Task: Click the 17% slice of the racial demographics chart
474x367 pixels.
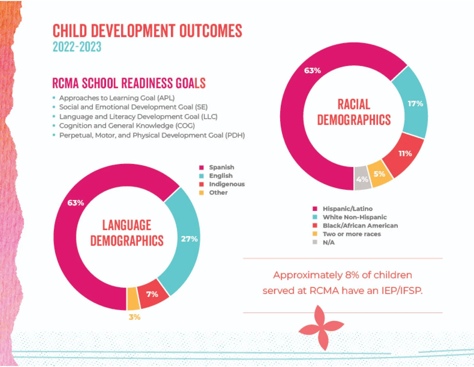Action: (x=415, y=104)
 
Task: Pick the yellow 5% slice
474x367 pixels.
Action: (x=380, y=174)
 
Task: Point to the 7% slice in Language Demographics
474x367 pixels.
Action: (x=152, y=294)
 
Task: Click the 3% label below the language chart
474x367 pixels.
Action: (x=134, y=317)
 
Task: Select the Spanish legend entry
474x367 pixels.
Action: (x=221, y=167)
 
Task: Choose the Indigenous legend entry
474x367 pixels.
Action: (x=227, y=184)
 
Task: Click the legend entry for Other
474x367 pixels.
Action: (x=218, y=193)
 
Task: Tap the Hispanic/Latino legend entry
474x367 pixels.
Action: (x=347, y=209)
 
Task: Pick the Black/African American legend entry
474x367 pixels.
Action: (x=360, y=226)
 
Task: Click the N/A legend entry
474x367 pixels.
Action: (x=329, y=242)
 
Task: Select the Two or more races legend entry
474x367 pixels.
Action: (x=352, y=234)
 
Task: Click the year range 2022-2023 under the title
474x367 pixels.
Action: (x=77, y=47)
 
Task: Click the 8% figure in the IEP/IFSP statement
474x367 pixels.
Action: (x=352, y=275)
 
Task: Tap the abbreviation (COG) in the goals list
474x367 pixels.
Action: (x=185, y=126)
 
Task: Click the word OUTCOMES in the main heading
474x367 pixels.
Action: (x=211, y=31)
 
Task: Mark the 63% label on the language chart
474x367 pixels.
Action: (x=76, y=203)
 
